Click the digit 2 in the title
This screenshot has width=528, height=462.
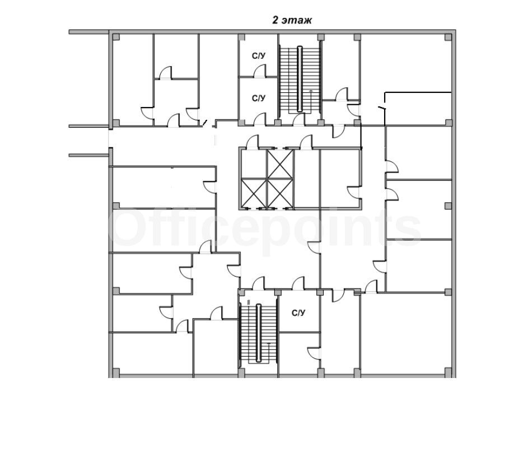(275, 20)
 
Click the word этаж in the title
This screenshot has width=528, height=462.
(297, 21)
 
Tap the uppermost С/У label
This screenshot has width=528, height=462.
(259, 55)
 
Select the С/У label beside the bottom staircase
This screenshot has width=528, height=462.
(298, 313)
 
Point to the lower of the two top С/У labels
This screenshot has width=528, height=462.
(259, 98)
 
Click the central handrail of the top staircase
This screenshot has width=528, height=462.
(300, 79)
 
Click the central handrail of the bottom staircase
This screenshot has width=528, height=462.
(259, 333)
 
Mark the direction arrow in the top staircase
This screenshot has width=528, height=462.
(311, 101)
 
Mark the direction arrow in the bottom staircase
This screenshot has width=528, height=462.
(269, 353)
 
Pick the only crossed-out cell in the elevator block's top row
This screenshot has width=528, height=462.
(280, 164)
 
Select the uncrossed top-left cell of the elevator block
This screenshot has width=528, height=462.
(254, 164)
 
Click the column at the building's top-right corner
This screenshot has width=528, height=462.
(448, 37)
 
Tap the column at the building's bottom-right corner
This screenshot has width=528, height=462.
(448, 372)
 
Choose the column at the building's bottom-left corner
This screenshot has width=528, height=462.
(116, 372)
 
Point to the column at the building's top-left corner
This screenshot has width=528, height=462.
(116, 37)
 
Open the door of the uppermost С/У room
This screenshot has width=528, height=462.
(260, 71)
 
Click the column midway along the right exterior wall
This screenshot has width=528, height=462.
(448, 206)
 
